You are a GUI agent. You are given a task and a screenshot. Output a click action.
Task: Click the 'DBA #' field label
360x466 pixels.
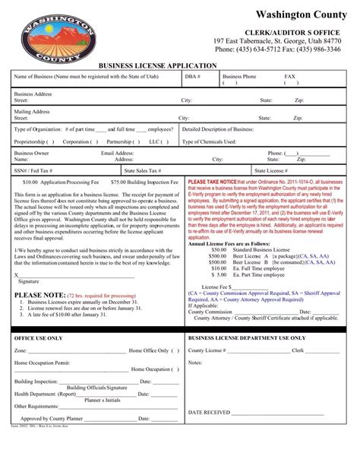[192, 77]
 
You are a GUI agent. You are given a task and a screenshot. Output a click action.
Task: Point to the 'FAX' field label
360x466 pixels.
[289, 77]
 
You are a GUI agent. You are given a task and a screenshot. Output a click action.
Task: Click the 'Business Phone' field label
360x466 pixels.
[239, 77]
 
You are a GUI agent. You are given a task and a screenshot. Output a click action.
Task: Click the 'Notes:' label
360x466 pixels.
[195, 363]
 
